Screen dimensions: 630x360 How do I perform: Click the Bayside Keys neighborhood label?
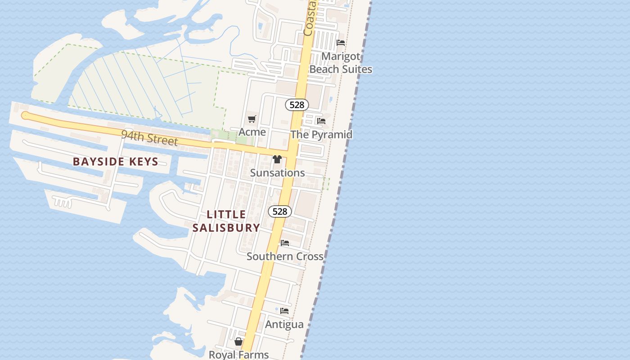pos(115,162)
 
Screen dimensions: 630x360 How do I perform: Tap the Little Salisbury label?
pos(226,221)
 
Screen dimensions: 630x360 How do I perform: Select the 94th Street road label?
pos(149,138)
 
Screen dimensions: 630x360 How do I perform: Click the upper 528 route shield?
pos(297,105)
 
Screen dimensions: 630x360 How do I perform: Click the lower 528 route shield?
pos(280,211)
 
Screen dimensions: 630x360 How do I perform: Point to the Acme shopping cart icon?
pos(252,119)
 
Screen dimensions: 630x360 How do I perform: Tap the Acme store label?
pos(252,132)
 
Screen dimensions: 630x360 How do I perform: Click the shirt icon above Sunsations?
pos(277,159)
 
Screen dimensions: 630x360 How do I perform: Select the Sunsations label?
pos(277,173)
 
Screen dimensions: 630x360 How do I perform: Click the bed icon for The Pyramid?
pos(321,121)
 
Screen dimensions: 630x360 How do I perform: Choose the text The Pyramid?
pos(321,134)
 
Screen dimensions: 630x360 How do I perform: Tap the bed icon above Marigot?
pos(341,43)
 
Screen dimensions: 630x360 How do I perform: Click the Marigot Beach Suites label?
pos(341,63)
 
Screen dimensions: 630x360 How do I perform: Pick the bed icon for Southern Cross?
pos(285,243)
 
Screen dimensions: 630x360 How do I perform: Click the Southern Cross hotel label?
pos(285,256)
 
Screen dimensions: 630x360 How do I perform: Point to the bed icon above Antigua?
pos(284,311)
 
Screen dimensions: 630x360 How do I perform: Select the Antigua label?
pos(284,324)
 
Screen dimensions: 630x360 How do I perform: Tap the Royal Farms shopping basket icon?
pos(238,342)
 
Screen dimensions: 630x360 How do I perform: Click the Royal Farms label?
pos(238,355)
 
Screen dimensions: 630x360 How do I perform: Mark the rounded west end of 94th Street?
pos(25,116)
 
